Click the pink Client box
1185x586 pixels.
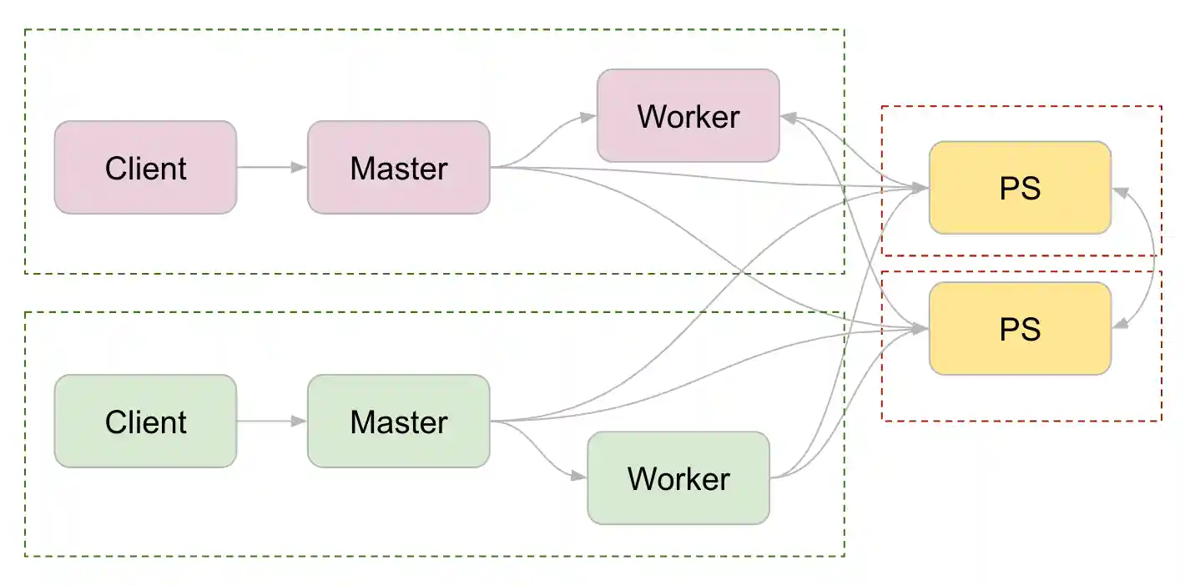pos(145,168)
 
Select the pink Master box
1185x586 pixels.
pos(398,168)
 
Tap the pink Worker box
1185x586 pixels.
pos(688,116)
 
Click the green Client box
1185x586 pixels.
pos(145,422)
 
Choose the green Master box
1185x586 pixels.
pos(398,422)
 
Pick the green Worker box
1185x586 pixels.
pos(678,478)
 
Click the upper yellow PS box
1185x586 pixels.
pos(1020,188)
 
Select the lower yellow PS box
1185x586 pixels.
pos(1020,329)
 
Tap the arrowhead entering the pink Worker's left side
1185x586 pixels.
pos(588,118)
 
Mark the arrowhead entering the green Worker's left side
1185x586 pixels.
pos(578,477)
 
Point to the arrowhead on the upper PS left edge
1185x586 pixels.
pos(920,189)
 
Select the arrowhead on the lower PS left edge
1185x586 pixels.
pos(920,330)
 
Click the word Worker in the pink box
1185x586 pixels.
pos(688,116)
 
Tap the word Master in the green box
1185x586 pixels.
pos(398,422)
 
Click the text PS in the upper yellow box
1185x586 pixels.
pos(1020,188)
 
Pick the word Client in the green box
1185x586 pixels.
pos(145,422)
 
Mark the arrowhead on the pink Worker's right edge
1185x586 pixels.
pos(789,119)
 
